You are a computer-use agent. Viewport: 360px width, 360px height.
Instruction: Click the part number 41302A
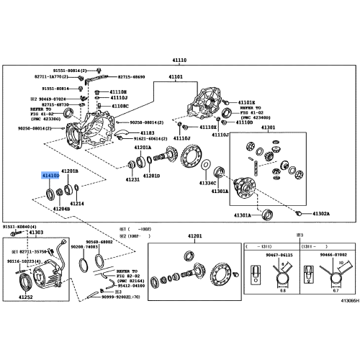coord(320,213)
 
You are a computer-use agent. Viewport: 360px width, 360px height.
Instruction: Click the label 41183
coord(148,133)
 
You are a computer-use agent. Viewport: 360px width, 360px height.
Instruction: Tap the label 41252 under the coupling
coord(26,297)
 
